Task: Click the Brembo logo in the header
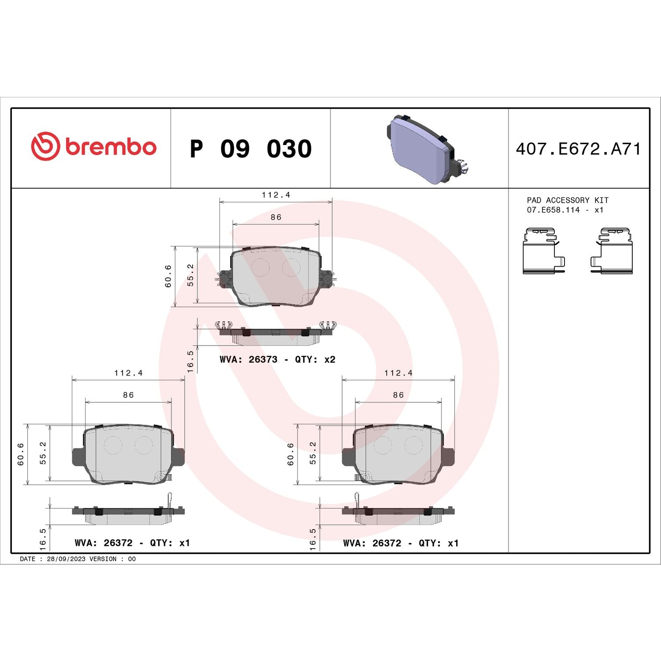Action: pyautogui.click(x=93, y=147)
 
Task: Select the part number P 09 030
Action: pyautogui.click(x=250, y=149)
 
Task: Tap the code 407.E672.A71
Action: pyautogui.click(x=578, y=149)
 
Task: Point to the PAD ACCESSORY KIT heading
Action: pyautogui.click(x=567, y=200)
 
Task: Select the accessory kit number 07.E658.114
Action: pyautogui.click(x=553, y=210)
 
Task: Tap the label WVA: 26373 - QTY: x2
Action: pyautogui.click(x=277, y=360)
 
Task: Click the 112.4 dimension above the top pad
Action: pyautogui.click(x=276, y=195)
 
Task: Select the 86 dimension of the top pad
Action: pyautogui.click(x=276, y=217)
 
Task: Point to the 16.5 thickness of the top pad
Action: pyautogui.click(x=190, y=361)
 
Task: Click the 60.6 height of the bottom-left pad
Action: pyautogui.click(x=21, y=454)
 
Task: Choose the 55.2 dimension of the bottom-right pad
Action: pyautogui.click(x=313, y=453)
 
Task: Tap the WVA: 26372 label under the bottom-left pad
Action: pyautogui.click(x=132, y=543)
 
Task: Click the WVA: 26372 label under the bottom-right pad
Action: pyautogui.click(x=401, y=543)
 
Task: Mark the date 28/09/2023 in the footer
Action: pyautogui.click(x=66, y=559)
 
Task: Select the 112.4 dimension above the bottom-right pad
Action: pyautogui.click(x=398, y=373)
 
